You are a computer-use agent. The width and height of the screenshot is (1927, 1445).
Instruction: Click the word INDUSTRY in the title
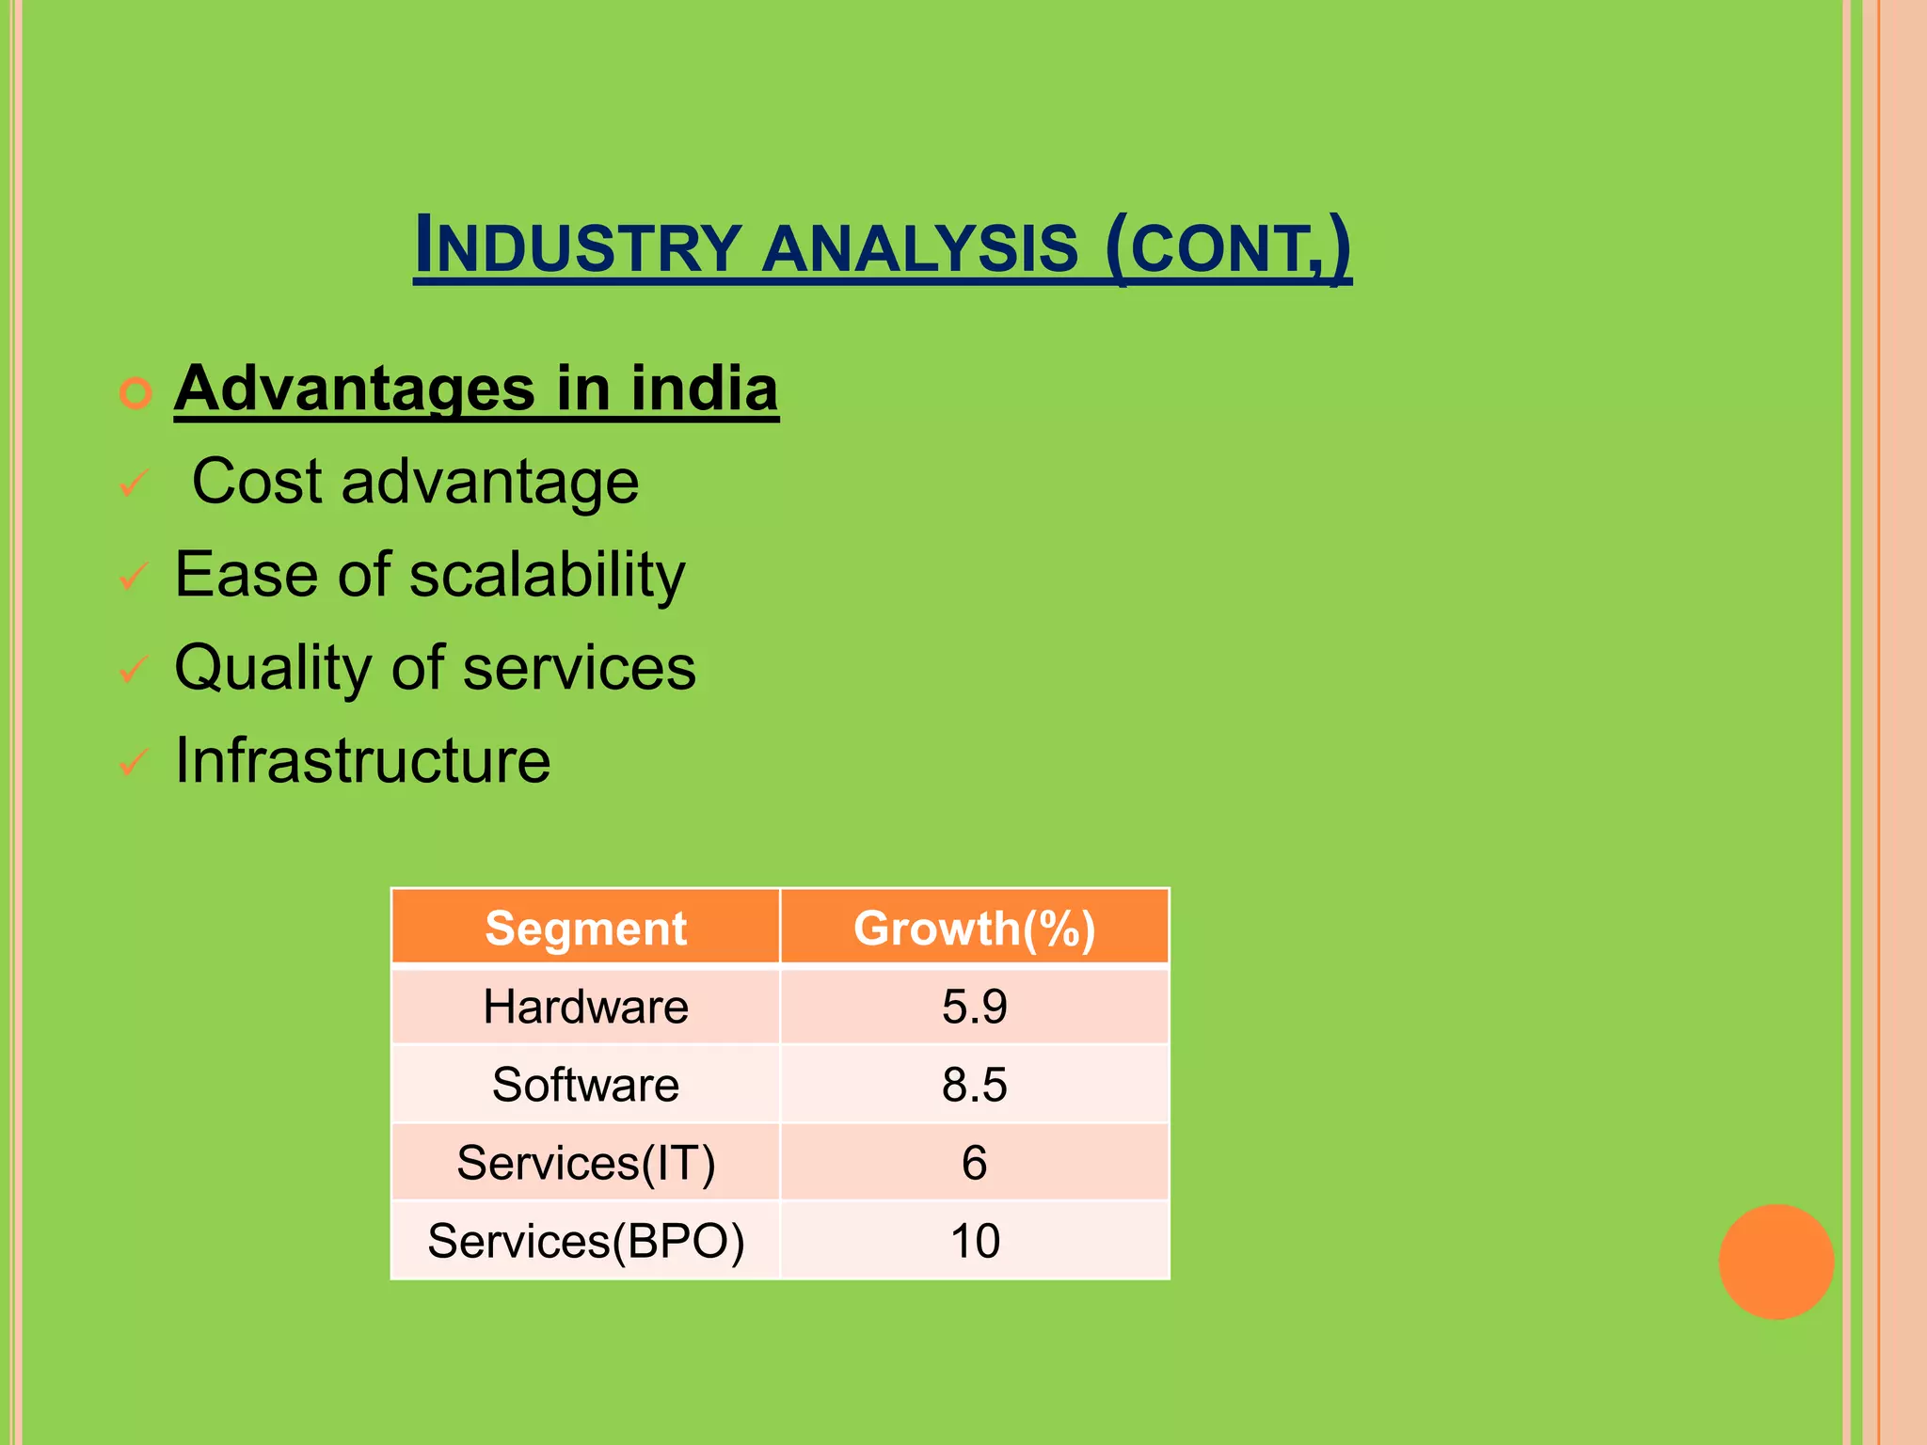coord(578,246)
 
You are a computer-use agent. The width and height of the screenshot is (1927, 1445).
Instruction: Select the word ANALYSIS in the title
coord(919,248)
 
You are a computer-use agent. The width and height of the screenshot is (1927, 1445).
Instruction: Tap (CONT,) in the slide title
coord(1228,248)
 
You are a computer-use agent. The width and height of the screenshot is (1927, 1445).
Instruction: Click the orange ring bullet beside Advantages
coord(135,392)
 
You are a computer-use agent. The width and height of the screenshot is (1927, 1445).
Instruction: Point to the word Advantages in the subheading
coord(357,389)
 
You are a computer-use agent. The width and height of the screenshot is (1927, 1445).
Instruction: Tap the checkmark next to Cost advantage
coord(134,484)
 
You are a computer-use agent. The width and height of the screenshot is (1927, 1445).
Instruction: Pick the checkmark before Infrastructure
coord(134,761)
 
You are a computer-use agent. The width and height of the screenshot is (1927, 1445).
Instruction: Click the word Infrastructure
coord(362,760)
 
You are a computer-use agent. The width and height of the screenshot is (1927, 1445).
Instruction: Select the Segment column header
coord(585,928)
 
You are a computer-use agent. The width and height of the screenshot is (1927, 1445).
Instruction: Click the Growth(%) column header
coord(974,928)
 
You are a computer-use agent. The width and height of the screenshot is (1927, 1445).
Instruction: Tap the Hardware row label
coord(585,1007)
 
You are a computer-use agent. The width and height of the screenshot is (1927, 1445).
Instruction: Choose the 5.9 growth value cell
coord(974,1007)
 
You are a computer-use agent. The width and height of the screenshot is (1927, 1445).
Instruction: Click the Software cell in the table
coord(585,1085)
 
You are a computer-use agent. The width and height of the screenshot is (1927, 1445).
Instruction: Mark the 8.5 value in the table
coord(974,1085)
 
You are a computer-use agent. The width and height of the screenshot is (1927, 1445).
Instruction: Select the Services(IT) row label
coord(585,1163)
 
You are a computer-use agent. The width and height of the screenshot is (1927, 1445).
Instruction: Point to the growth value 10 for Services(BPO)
coord(974,1241)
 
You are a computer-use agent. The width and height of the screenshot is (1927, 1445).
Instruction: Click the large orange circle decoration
coord(1776,1262)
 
